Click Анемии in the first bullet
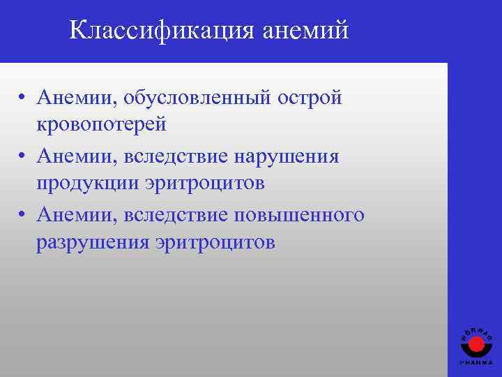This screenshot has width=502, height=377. (x=77, y=97)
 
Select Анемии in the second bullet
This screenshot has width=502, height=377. (x=77, y=156)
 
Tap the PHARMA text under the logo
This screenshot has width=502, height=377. (x=476, y=363)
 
